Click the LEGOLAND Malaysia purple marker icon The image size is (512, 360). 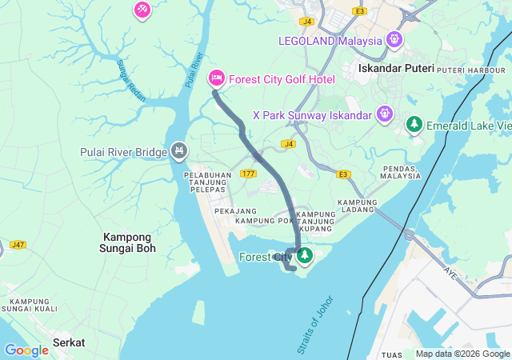(394, 39)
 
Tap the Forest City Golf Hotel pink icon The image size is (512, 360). (216, 78)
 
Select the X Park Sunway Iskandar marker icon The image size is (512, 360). (385, 114)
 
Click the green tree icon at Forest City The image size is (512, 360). (304, 256)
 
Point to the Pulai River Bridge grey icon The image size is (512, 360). (179, 151)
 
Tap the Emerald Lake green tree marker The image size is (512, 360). (414, 124)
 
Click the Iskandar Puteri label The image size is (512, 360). (396, 69)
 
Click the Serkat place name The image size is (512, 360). (69, 342)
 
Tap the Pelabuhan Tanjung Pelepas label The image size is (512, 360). (206, 182)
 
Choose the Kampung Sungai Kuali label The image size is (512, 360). (27, 303)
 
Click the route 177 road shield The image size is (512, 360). (247, 173)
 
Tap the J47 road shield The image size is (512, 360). (18, 244)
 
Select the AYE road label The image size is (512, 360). (450, 271)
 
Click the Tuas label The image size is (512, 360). (392, 354)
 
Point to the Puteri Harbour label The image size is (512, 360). (462, 70)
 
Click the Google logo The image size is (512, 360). (26, 350)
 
